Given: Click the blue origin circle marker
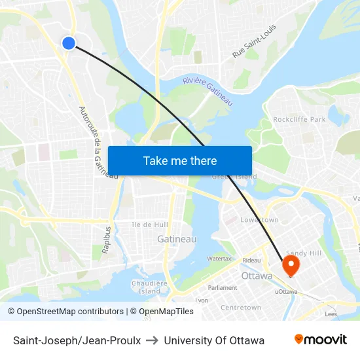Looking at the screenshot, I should [69, 43].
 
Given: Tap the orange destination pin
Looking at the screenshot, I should [290, 265].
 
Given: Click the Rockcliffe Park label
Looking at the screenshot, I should [299, 120].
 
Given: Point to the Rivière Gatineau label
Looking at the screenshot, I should [207, 91].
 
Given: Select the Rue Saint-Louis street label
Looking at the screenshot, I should [255, 41].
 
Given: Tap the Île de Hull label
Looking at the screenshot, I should [151, 225].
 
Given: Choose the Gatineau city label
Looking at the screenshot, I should [177, 240].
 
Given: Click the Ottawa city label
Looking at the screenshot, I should [257, 276].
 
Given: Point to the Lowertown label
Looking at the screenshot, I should [260, 220].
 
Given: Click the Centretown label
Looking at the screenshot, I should [241, 308].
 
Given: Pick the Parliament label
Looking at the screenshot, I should [223, 288].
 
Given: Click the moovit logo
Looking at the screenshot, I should [321, 340].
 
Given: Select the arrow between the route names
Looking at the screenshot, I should [152, 340].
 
